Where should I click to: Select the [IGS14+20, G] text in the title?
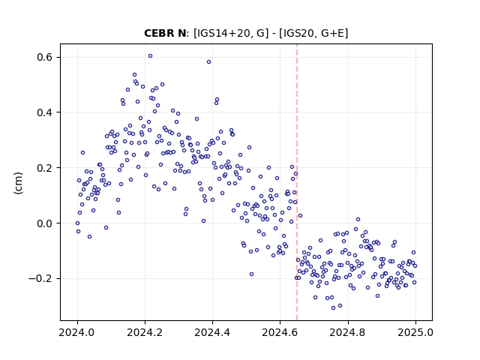pos(231,33)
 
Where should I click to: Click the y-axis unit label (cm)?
pos(18,183)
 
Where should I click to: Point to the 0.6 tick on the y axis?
pos(46,57)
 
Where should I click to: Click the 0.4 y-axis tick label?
pos(46,112)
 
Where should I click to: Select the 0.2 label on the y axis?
pos(46,168)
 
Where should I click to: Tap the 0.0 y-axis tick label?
pos(46,223)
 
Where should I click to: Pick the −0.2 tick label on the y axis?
pos(41,278)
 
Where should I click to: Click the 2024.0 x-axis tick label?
pos(77,332)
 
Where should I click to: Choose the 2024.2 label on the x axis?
pos(145,332)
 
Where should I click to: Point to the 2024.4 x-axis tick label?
pos(212,332)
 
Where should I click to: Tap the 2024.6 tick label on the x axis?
pos(280,332)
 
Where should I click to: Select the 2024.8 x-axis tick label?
pos(348,332)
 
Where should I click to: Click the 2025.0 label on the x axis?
pos(415,332)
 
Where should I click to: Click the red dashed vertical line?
pos(297,182)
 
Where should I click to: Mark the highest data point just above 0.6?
pos(150,56)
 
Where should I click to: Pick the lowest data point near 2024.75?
pos(333,308)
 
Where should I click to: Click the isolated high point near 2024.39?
pos(208,61)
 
